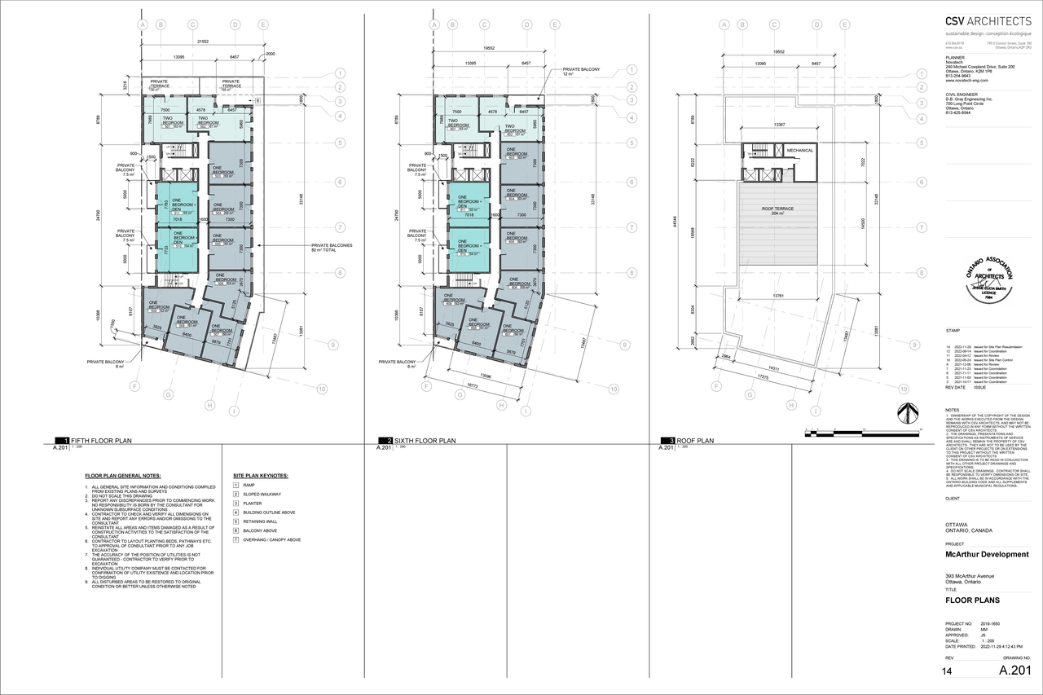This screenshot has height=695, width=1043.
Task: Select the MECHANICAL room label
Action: (x=799, y=150)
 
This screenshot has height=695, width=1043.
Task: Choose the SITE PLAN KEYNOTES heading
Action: (x=260, y=475)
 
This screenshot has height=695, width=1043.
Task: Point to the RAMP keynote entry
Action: (x=249, y=485)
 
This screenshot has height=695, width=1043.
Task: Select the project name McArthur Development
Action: (x=986, y=555)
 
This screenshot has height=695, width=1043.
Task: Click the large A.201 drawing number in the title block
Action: (x=1014, y=671)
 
